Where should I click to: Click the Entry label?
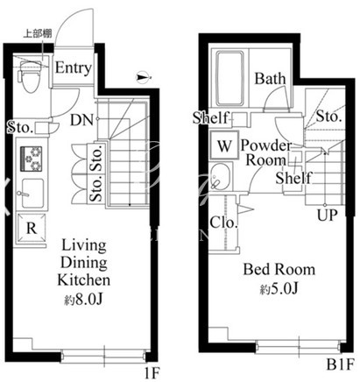pyautogui.click(x=74, y=68)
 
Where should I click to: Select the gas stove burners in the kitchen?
pyautogui.click(x=32, y=159)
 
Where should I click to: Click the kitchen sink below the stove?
pyautogui.click(x=32, y=193)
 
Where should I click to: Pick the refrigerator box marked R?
pyautogui.click(x=32, y=228)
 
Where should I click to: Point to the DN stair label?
pyautogui.click(x=81, y=120)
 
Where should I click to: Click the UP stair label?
pyautogui.click(x=328, y=216)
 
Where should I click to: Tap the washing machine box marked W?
pyautogui.click(x=224, y=145)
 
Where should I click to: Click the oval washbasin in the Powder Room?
pyautogui.click(x=221, y=176)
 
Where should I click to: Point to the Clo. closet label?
pyautogui.click(x=223, y=223)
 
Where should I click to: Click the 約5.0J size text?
pyautogui.click(x=279, y=289)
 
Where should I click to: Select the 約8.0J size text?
pyautogui.click(x=83, y=299)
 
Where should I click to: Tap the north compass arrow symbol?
pyautogui.click(x=144, y=77)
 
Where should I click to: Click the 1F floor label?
pyautogui.click(x=152, y=372)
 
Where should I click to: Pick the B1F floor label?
pyautogui.click(x=340, y=364)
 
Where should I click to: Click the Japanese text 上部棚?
pyautogui.click(x=38, y=33)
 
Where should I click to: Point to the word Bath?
pyautogui.click(x=270, y=79)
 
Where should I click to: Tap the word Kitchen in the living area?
pyautogui.click(x=84, y=279)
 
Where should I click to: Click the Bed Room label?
pyautogui.click(x=279, y=269)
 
